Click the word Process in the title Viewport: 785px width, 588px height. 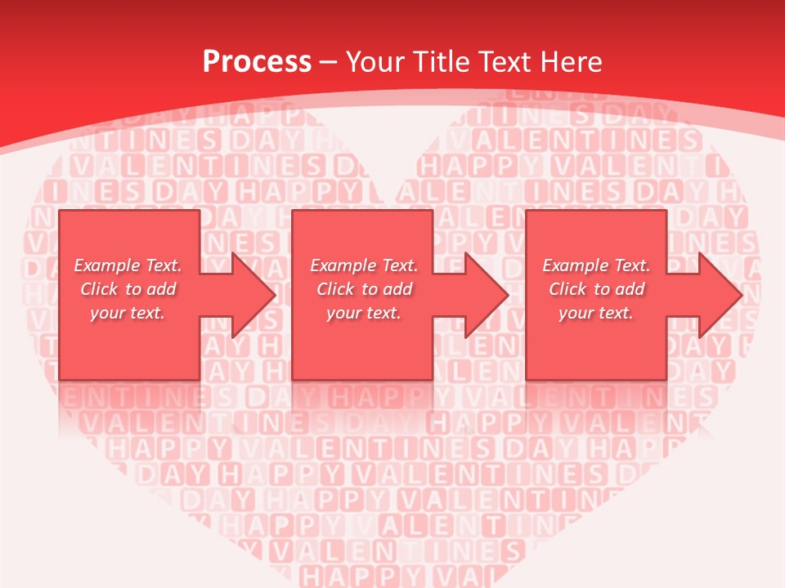(257, 61)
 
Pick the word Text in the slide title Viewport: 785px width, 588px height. (502, 61)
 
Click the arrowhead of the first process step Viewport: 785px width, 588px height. (253, 295)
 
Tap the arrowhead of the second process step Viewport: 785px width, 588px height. (487, 295)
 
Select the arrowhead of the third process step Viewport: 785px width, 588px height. (720, 295)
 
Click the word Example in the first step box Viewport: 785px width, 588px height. (106, 265)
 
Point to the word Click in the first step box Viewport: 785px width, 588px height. (100, 289)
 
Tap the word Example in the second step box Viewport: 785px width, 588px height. (343, 265)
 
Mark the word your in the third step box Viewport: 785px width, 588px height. (576, 313)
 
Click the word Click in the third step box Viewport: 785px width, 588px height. (568, 289)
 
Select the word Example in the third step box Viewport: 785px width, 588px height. (575, 265)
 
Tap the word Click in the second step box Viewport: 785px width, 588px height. (336, 289)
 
